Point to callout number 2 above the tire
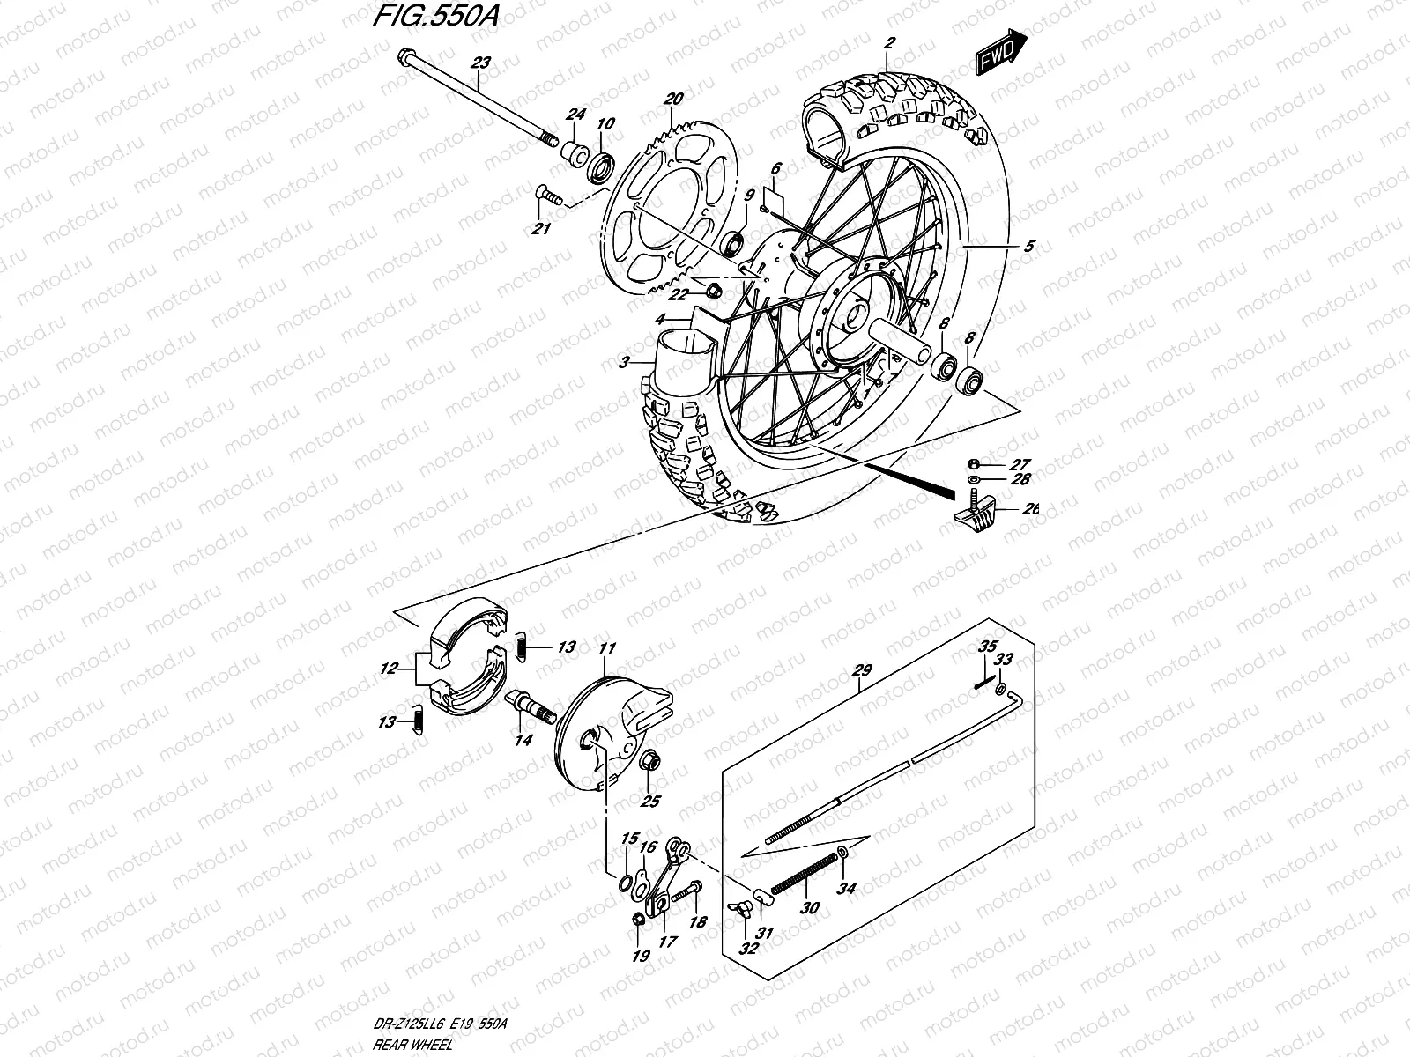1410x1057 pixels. coord(890,42)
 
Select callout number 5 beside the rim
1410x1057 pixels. coord(1028,247)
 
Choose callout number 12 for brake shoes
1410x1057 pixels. coord(387,669)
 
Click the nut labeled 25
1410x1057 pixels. coord(649,760)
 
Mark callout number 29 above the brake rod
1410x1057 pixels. coord(861,670)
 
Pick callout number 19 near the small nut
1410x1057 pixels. coord(640,957)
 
